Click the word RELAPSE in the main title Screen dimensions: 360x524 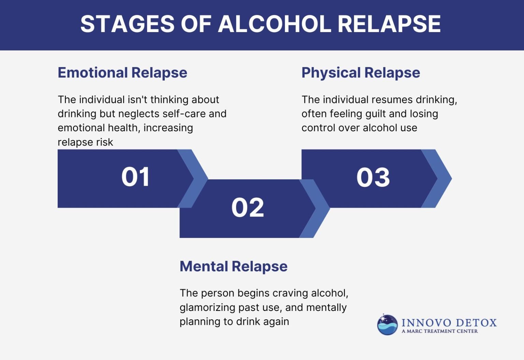tap(389, 24)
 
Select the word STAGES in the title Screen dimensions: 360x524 tap(127, 24)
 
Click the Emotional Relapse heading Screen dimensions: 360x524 tap(122, 73)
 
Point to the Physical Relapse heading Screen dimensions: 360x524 tap(361, 73)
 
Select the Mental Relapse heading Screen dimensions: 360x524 tap(233, 266)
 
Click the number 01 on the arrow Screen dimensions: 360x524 tap(135, 177)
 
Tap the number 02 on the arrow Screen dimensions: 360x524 tap(248, 208)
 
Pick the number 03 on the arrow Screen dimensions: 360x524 tap(373, 178)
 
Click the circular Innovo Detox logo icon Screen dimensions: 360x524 tap(387, 325)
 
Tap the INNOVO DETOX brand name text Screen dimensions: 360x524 tap(449, 322)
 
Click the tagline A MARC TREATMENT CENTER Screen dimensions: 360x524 tap(439, 331)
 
